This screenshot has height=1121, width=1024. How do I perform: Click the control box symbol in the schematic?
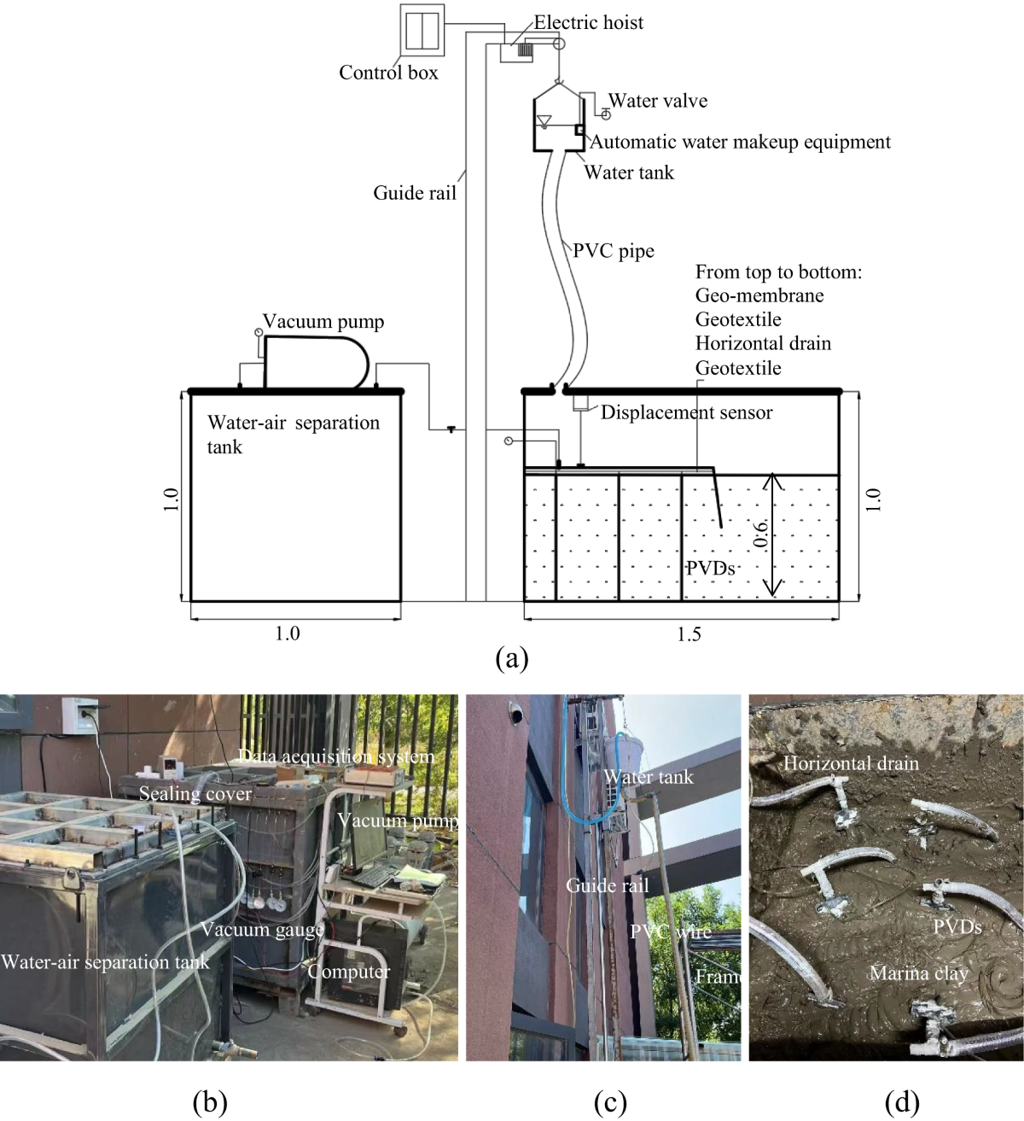coord(422,30)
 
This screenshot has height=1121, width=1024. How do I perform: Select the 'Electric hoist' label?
coord(589,22)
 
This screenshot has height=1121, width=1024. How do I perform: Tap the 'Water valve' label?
coord(658,101)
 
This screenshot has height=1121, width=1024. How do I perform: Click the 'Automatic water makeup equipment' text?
coord(740,142)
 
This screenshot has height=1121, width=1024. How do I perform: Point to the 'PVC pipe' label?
coord(614,251)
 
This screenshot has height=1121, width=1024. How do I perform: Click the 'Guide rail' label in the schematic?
coord(415,193)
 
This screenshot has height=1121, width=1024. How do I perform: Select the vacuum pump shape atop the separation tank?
coord(316,362)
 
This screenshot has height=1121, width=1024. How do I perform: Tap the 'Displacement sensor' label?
coord(686,412)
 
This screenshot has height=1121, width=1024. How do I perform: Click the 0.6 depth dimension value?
coord(760,534)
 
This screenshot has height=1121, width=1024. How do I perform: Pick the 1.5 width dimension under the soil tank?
coord(689,634)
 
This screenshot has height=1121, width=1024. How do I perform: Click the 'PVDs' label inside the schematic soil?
coord(710,568)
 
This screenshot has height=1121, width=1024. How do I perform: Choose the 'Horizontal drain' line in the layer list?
coord(763,343)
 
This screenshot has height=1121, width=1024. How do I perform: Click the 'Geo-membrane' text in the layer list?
coord(759,295)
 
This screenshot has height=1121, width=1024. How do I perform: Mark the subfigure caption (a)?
coord(512,658)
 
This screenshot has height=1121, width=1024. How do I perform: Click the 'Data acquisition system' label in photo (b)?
coord(335,756)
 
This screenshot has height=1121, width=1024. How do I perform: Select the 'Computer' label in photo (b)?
coord(348,972)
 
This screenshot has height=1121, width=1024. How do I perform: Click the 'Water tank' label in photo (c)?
coord(649,777)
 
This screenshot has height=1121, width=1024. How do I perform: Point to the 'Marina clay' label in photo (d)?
coord(918,973)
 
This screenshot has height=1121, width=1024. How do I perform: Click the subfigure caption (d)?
coord(902,1102)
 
